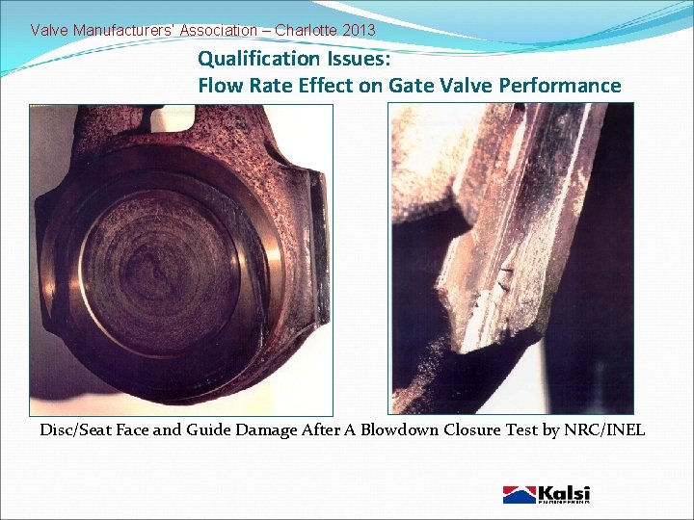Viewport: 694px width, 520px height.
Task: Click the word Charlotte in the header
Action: pyautogui.click(x=306, y=30)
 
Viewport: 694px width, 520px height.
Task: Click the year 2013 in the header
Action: pyautogui.click(x=358, y=30)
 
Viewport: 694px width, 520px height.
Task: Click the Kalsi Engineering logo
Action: pyautogui.click(x=547, y=494)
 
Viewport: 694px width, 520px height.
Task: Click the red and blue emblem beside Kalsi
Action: pyautogui.click(x=519, y=495)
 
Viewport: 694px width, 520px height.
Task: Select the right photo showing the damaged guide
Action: pyautogui.click(x=511, y=259)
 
